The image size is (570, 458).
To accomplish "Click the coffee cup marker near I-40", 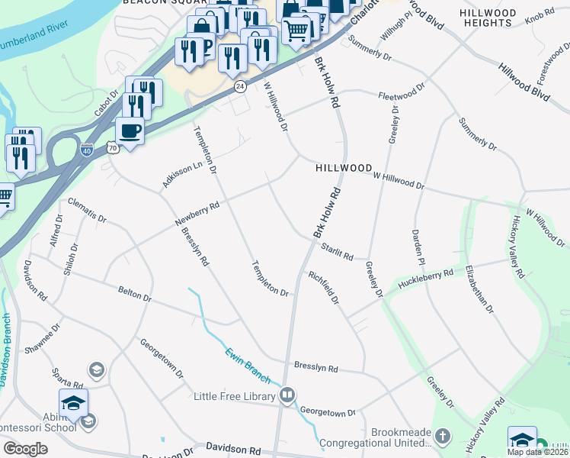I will point(130,131).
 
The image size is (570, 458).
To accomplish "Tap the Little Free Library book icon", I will point(287,395).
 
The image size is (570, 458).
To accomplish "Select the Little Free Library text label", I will point(232,396).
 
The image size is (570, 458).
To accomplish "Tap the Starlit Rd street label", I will point(336,252).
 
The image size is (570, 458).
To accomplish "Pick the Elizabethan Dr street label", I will point(480,289).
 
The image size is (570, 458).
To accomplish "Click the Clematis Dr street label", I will point(85,211).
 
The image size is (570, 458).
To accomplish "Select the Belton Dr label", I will point(135,295).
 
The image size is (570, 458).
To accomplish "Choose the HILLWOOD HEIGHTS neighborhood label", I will point(487,18).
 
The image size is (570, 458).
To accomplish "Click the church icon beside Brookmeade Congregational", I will point(444,435).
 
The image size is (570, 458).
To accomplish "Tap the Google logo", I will point(26,449).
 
